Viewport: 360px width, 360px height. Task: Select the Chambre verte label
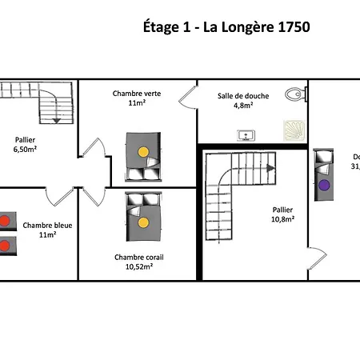[x=136, y=94]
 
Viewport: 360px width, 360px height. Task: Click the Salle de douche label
[x=243, y=96]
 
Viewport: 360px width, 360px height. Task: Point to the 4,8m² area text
[x=243, y=105]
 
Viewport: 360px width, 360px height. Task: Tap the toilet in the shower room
[x=297, y=94]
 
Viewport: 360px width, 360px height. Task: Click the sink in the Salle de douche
[x=243, y=134]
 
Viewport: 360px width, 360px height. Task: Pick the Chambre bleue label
[x=47, y=226]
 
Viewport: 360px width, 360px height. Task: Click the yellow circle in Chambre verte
[x=142, y=150]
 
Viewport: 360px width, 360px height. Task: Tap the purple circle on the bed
[x=323, y=184]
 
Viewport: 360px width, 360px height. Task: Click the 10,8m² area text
[x=282, y=218]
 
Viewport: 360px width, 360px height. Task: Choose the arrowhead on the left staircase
[x=57, y=120]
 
